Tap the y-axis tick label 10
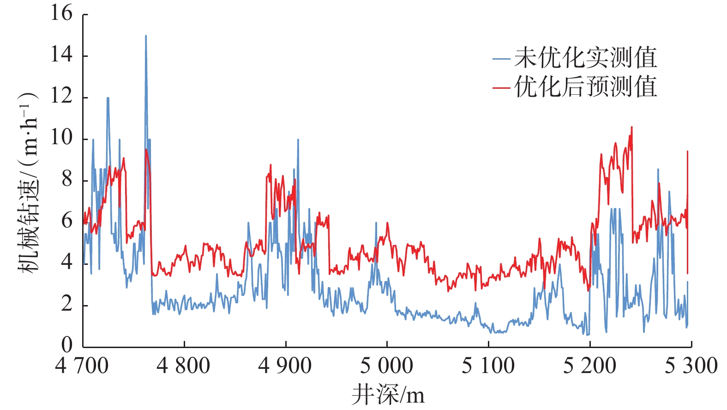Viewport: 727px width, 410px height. (x=62, y=138)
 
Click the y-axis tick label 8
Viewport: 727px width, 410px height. (x=67, y=179)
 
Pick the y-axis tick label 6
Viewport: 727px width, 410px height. (x=67, y=221)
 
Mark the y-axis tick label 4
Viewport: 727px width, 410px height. (x=67, y=263)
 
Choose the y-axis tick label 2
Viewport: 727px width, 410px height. (x=67, y=304)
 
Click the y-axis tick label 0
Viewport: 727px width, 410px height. (x=67, y=345)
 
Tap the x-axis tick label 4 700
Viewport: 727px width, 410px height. (x=82, y=366)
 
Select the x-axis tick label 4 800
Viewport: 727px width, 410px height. (x=183, y=366)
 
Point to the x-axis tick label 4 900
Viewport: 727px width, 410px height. (x=285, y=366)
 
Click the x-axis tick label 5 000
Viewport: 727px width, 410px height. (x=386, y=366)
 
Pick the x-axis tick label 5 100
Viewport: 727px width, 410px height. (x=488, y=366)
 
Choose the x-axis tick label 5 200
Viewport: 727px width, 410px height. (x=589, y=366)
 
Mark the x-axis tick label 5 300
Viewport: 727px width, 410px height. (x=691, y=366)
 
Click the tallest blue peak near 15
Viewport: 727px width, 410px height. (x=146, y=36)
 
